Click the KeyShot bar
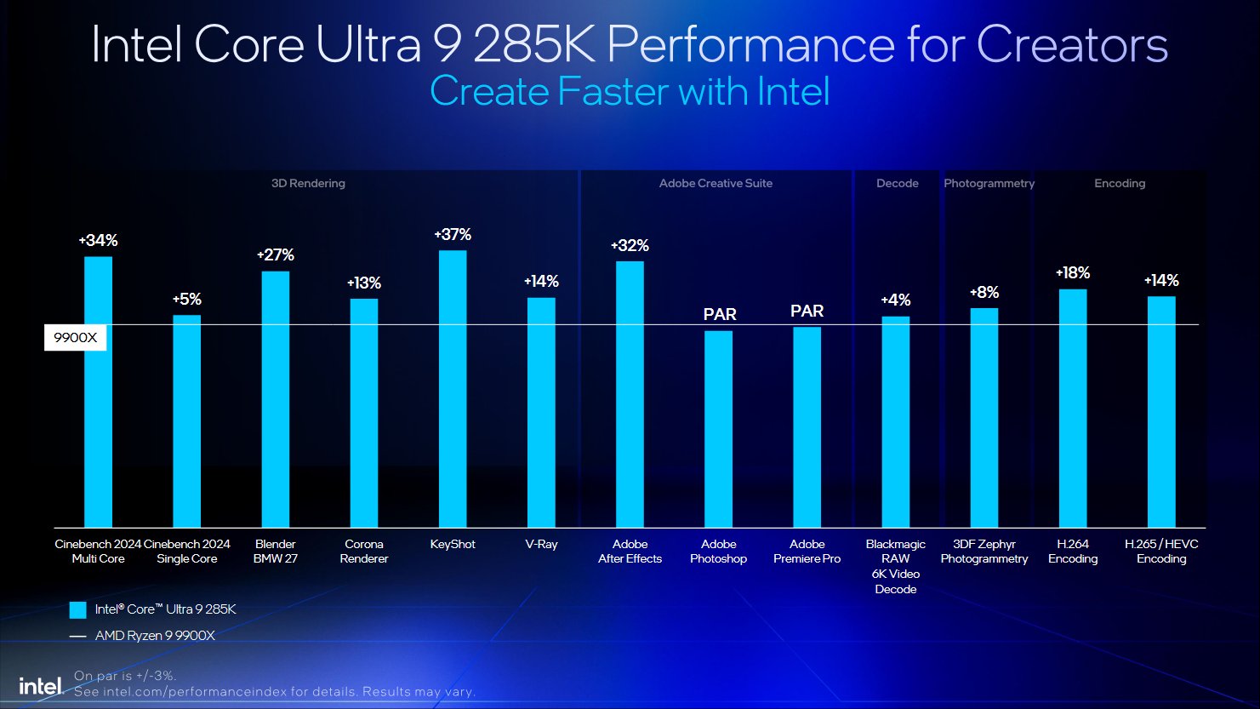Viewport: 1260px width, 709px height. pyautogui.click(x=453, y=389)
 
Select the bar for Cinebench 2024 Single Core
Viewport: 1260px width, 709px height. pyautogui.click(x=187, y=421)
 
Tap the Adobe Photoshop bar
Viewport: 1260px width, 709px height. pyautogui.click(x=718, y=429)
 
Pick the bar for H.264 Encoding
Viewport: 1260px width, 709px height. pyautogui.click(x=1073, y=409)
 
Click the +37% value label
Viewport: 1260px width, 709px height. pyautogui.click(x=453, y=234)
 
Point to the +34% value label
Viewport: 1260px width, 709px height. pyautogui.click(x=99, y=241)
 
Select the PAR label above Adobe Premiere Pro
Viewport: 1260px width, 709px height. pyautogui.click(x=807, y=311)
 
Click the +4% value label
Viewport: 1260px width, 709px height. pyautogui.click(x=895, y=300)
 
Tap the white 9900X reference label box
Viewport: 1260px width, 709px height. pyautogui.click(x=75, y=338)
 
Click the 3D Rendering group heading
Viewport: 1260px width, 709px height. pyautogui.click(x=308, y=183)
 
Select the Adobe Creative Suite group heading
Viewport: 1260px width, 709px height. pyautogui.click(x=716, y=183)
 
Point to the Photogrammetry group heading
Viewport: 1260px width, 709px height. pyautogui.click(x=989, y=183)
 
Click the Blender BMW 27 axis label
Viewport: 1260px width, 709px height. pyautogui.click(x=276, y=552)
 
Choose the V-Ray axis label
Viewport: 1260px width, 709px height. pyautogui.click(x=541, y=544)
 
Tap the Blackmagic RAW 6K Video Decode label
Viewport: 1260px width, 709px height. pyautogui.click(x=895, y=566)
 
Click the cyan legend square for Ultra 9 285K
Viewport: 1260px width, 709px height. pyautogui.click(x=78, y=609)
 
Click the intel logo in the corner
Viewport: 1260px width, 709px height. pyautogui.click(x=41, y=686)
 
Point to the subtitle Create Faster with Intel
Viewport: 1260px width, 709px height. pyautogui.click(x=630, y=91)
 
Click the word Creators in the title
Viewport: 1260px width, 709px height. pyautogui.click(x=1072, y=44)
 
